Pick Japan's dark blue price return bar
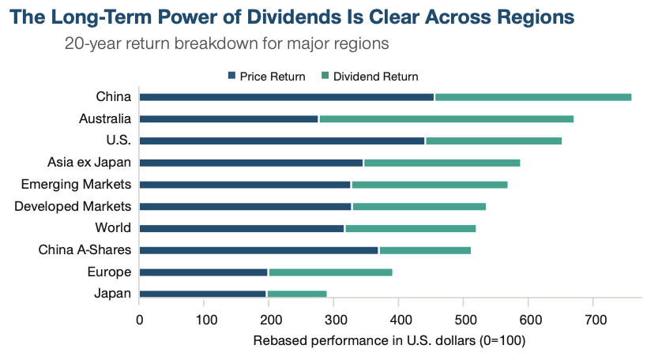(x=203, y=294)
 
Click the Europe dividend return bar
(x=330, y=272)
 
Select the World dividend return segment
(x=377, y=228)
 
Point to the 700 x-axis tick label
(x=594, y=321)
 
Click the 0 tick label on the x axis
(x=140, y=321)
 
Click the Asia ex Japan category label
(x=89, y=163)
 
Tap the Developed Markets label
(x=73, y=207)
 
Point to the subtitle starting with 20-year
(x=227, y=43)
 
